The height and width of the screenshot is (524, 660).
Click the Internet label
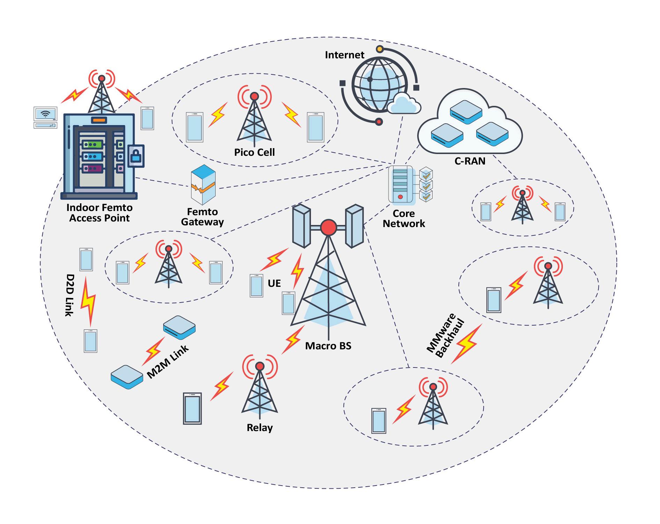tap(344, 55)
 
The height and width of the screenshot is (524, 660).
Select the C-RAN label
tap(470, 161)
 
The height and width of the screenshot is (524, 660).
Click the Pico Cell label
tap(254, 152)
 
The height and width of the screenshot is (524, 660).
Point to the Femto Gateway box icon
tap(203, 185)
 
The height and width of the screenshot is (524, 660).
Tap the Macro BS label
tap(328, 346)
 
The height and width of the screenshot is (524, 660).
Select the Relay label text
tap(260, 428)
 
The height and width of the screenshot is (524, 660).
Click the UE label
tap(274, 283)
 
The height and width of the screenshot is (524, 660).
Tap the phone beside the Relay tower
tap(193, 408)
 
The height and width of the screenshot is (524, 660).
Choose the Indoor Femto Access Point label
tap(100, 213)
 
